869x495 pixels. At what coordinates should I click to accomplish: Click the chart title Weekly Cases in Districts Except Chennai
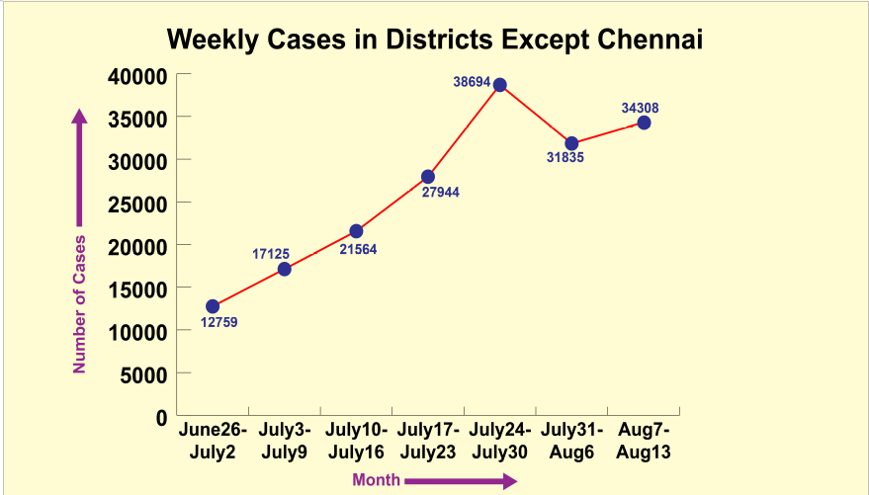pos(434,40)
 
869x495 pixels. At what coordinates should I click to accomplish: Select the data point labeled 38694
pos(500,85)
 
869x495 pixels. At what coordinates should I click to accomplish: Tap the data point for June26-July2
pos(213,306)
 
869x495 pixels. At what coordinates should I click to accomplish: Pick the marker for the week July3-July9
pos(285,269)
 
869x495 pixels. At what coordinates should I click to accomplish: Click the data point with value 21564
pos(356,231)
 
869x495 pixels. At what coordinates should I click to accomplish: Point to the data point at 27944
pos(428,177)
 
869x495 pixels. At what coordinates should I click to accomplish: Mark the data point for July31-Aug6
pos(571,143)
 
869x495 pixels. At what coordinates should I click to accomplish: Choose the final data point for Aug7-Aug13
pos(644,123)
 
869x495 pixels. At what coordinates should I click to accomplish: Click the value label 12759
pos(218,322)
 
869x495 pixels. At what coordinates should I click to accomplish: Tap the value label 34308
pos(641,108)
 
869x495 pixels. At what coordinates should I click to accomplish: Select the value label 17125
pos(271,254)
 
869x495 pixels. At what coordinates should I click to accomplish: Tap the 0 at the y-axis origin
pos(160,417)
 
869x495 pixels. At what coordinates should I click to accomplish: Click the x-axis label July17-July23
pos(428,441)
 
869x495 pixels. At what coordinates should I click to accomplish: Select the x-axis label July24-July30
pos(500,441)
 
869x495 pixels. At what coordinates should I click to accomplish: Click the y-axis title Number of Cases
pos(80,303)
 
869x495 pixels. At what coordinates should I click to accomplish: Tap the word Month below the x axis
pos(376,481)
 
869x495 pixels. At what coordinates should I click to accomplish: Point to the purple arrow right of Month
pos(461,481)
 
